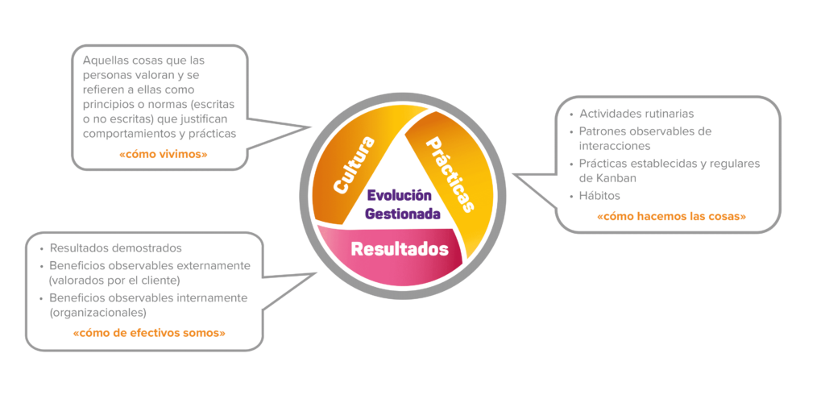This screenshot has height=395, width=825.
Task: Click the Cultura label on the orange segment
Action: (355, 165)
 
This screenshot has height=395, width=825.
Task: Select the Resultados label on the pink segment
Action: (400, 249)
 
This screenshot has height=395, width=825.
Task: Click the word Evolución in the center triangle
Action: (400, 196)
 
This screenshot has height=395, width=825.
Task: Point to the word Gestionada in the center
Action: (403, 214)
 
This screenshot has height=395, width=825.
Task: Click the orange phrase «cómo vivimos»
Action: (164, 153)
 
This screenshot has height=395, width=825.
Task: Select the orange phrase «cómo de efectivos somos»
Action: (149, 332)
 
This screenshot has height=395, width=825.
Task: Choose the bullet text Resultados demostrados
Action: (115, 248)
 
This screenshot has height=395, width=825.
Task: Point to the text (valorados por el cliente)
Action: (114, 281)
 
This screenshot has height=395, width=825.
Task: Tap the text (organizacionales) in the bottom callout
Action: (97, 312)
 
